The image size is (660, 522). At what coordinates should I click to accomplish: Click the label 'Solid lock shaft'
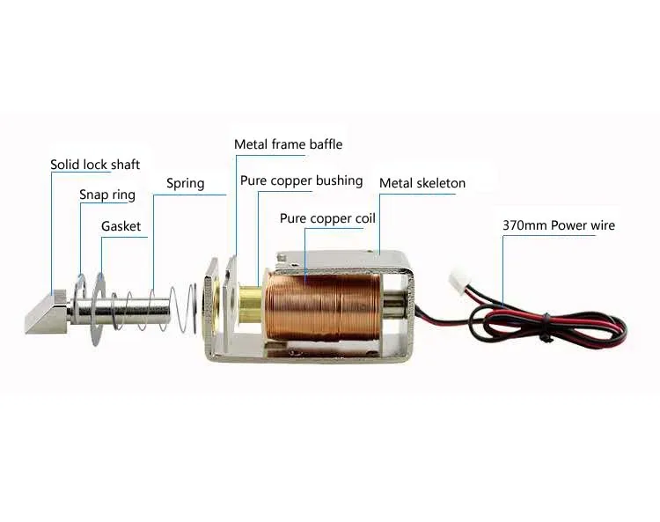tap(94, 165)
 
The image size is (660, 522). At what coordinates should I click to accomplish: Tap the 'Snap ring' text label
tap(106, 195)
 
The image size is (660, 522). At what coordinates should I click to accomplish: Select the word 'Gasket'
tap(121, 226)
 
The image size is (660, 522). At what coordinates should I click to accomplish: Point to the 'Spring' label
tap(185, 184)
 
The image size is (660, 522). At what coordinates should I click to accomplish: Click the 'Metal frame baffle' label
tap(288, 143)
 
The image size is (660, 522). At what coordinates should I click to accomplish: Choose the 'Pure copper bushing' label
tap(301, 180)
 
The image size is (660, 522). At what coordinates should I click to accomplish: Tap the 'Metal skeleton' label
tap(422, 183)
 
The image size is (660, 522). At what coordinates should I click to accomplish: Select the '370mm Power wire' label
tap(558, 225)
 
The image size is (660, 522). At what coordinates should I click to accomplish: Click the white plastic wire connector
tap(457, 283)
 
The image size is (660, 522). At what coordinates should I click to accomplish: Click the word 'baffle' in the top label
tap(325, 143)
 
